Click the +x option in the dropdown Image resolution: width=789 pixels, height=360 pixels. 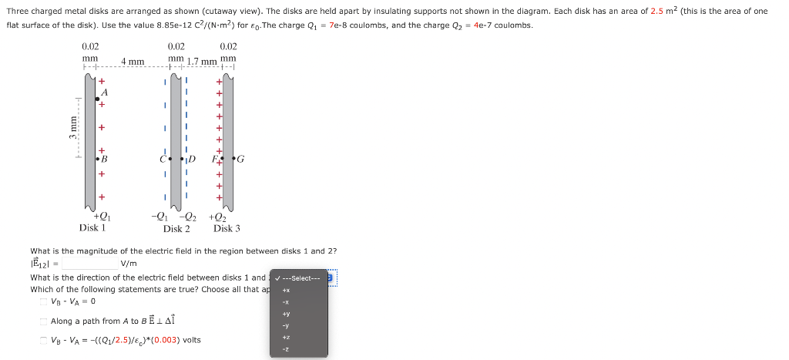285,290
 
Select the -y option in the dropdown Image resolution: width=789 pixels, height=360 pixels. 285,326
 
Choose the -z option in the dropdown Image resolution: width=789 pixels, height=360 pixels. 285,350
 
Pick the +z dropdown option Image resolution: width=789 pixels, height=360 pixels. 285,338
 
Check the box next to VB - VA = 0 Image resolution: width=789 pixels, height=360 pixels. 43,301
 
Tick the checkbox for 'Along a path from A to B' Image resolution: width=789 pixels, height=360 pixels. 43,321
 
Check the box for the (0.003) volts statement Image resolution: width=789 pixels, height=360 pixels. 43,340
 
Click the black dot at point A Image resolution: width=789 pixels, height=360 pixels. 97,99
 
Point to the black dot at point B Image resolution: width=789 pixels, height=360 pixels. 97,159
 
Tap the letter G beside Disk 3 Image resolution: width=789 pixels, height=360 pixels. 241,160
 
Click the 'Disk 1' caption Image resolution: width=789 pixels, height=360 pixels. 92,228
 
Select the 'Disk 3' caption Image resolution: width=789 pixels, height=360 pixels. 227,228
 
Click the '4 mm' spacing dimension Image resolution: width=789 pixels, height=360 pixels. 133,61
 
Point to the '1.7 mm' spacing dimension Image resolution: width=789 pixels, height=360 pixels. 203,61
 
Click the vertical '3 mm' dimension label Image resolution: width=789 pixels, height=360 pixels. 73,127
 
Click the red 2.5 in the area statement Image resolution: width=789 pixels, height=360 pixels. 657,11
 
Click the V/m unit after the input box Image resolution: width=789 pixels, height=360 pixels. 129,264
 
